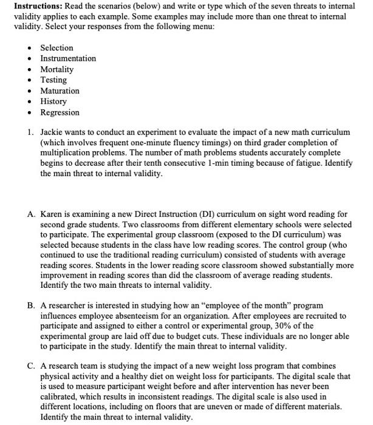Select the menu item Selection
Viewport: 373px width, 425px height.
tap(56, 48)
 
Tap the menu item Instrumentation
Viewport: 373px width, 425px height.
tap(68, 59)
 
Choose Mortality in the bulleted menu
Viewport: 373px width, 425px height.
tap(56, 70)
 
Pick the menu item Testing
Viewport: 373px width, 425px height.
tap(53, 80)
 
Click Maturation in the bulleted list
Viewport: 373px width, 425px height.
tap(60, 91)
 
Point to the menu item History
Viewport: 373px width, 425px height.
tap(53, 102)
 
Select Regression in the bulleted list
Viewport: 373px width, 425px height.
tap(60, 113)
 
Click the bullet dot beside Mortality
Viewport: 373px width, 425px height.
tap(30, 70)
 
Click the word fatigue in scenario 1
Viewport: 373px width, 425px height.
tap(302, 163)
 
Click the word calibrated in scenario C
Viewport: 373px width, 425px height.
tap(60, 398)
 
